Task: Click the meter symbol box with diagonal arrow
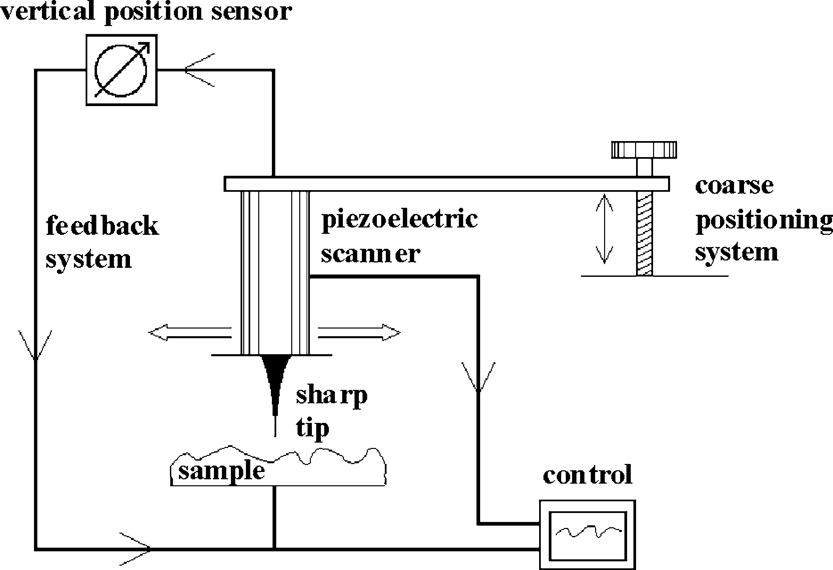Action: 122,70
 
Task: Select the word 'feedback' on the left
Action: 103,226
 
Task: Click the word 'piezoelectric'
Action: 400,219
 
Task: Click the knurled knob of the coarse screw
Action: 644,150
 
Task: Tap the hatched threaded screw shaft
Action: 644,233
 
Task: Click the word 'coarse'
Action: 734,186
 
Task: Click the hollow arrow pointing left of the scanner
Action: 190,333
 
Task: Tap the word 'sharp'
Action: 332,395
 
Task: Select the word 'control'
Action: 587,475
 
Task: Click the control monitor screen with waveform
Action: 588,535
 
